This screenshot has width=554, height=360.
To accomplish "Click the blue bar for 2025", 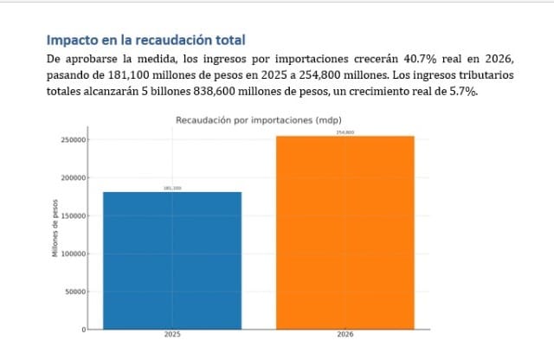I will [172, 260].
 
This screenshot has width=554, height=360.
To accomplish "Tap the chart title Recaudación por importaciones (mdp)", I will [258, 119].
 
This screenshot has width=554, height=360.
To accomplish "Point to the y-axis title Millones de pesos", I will [55, 232].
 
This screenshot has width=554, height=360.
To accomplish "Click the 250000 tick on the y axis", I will [73, 139].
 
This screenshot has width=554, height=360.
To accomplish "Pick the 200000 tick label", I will [73, 177].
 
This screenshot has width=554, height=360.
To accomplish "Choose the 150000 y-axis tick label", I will [73, 215].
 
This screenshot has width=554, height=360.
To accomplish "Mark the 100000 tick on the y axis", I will [73, 254].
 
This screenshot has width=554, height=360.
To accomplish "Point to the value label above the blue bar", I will [172, 188].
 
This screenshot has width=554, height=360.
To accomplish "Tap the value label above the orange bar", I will [345, 132].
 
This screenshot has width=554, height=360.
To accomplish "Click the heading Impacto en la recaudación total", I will [145, 40].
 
